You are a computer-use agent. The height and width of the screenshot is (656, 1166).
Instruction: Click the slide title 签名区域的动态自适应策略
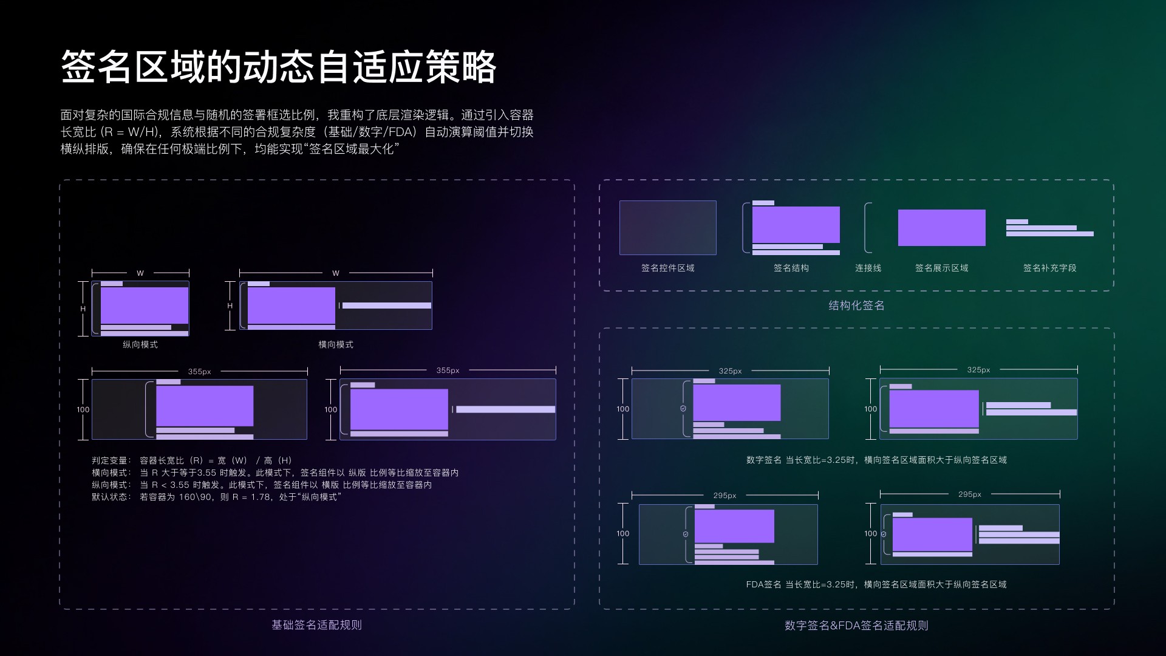279,67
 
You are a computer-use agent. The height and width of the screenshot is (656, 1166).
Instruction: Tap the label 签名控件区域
667,268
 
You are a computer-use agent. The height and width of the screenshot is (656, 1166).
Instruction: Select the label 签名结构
791,268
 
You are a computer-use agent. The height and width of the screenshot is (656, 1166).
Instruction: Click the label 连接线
868,268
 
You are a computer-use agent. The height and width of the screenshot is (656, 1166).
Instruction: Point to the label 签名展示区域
941,268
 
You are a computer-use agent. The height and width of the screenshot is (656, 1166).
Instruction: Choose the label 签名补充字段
1049,268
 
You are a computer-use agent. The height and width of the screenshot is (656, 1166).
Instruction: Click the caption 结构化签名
856,306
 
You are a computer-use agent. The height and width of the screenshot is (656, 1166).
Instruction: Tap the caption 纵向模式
140,344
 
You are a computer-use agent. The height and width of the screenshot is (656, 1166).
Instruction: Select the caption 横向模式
336,344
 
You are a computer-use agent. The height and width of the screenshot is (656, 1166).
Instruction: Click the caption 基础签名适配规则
316,625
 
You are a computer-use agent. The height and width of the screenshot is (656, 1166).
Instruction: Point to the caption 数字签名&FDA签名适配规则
856,626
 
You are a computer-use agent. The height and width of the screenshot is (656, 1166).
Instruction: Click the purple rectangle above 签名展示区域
941,228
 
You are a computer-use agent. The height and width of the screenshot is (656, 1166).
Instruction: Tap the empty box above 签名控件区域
667,228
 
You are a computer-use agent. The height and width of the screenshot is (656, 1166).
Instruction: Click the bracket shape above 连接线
868,228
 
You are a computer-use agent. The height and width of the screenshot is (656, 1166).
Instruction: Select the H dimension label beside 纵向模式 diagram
83,309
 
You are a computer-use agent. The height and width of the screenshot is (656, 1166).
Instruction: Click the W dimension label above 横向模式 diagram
336,273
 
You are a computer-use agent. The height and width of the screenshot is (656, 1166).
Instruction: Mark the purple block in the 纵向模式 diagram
145,306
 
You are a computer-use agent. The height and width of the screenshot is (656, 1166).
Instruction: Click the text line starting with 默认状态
217,497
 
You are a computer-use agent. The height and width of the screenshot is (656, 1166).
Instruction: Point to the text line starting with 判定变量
192,460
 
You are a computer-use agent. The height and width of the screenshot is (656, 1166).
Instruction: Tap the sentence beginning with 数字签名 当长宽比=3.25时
876,460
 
